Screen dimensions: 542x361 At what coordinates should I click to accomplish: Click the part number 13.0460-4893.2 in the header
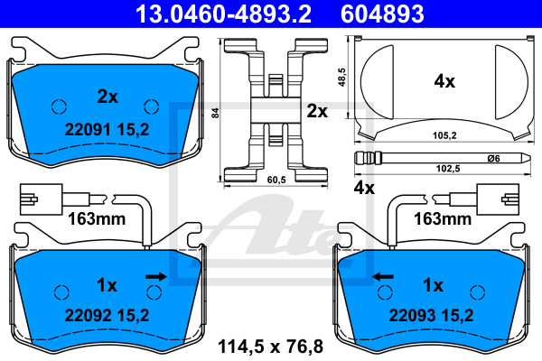(x=223, y=14)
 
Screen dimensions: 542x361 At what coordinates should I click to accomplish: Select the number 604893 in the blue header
(x=382, y=14)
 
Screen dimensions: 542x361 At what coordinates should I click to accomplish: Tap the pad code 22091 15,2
(x=107, y=130)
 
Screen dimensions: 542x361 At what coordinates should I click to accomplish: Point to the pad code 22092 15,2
(x=107, y=315)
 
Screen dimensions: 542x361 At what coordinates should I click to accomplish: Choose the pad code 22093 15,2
(x=431, y=315)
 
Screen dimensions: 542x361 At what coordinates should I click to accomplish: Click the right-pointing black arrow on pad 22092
(x=156, y=276)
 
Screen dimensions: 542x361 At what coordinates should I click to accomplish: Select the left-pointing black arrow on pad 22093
(x=383, y=276)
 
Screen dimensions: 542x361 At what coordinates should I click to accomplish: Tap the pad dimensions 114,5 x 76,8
(x=270, y=347)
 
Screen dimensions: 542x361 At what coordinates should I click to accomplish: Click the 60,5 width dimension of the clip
(x=276, y=180)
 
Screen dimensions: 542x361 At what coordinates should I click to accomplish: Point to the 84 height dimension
(x=215, y=113)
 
